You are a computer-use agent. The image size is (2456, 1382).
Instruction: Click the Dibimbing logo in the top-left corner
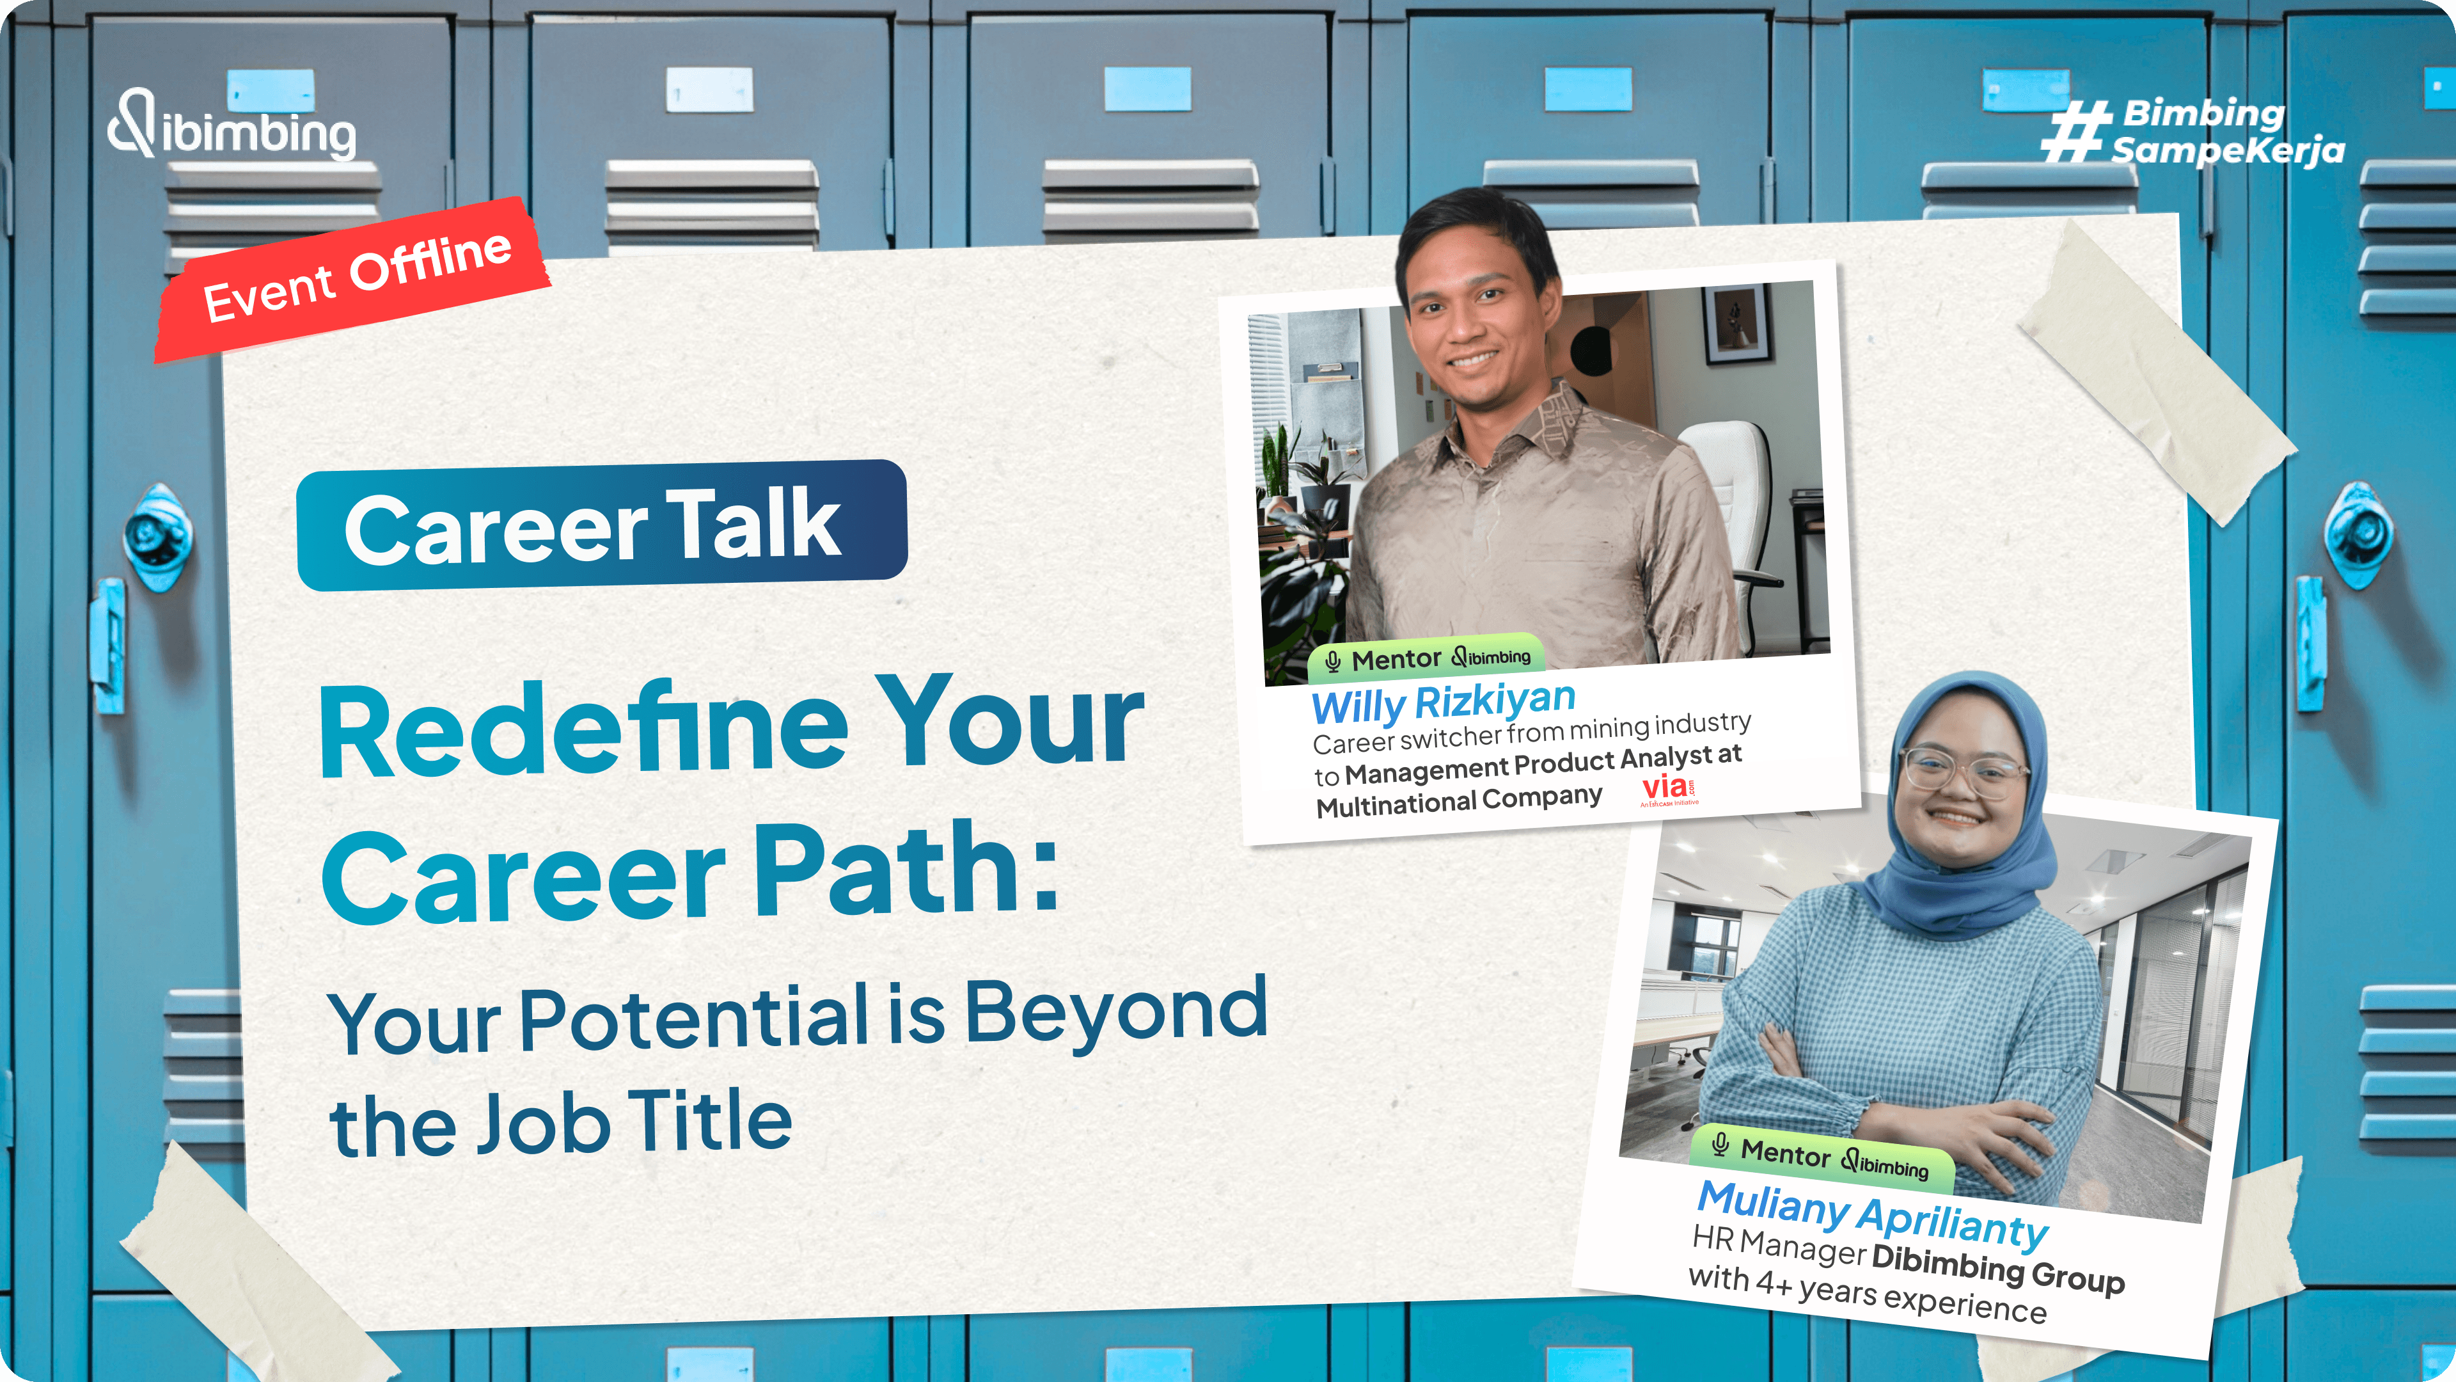click(232, 125)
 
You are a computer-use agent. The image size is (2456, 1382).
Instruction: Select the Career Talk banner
click(602, 525)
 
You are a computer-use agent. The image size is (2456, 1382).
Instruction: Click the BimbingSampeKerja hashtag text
click(2193, 132)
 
